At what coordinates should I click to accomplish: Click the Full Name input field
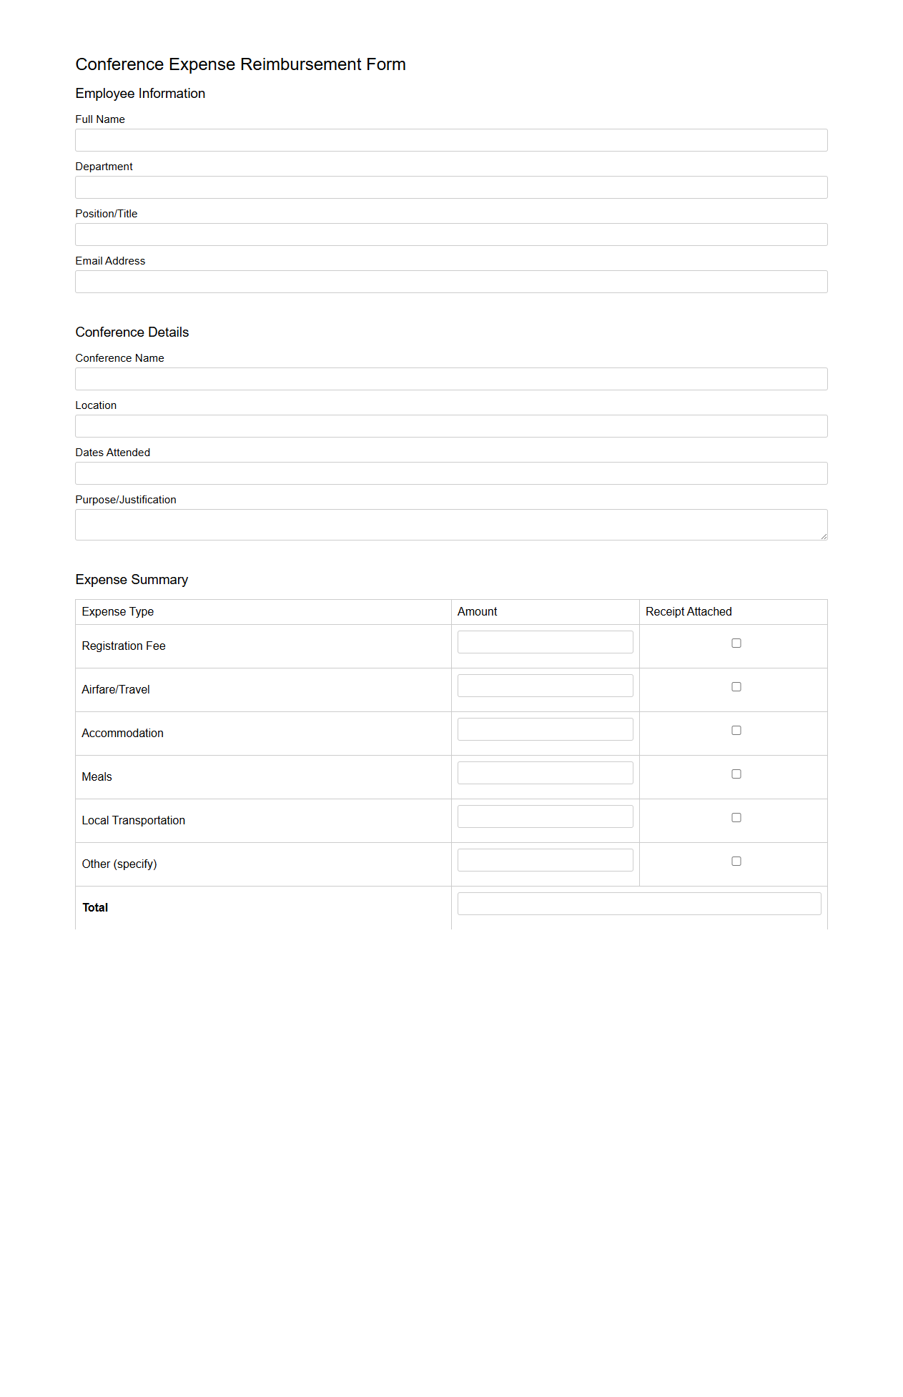(451, 140)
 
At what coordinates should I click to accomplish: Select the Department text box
(451, 187)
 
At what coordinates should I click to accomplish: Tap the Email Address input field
(451, 282)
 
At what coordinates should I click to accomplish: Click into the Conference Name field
(451, 379)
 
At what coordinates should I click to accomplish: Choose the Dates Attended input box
(451, 473)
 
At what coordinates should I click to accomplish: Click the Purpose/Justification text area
(451, 525)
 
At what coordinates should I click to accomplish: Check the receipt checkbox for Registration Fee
(736, 643)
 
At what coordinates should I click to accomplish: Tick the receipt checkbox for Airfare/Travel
(736, 687)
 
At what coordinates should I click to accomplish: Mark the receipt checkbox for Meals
(736, 774)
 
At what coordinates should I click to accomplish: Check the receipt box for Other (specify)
(736, 862)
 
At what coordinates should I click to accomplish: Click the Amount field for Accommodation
(545, 729)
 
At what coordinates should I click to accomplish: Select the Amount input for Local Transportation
(545, 816)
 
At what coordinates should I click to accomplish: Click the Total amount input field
(639, 904)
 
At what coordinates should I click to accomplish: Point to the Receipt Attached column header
(689, 612)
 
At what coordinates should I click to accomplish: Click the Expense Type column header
(118, 612)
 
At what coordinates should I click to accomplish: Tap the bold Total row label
(95, 908)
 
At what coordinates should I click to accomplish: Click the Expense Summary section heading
(132, 580)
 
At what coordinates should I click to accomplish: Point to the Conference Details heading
(132, 332)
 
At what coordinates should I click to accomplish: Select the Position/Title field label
(107, 214)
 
